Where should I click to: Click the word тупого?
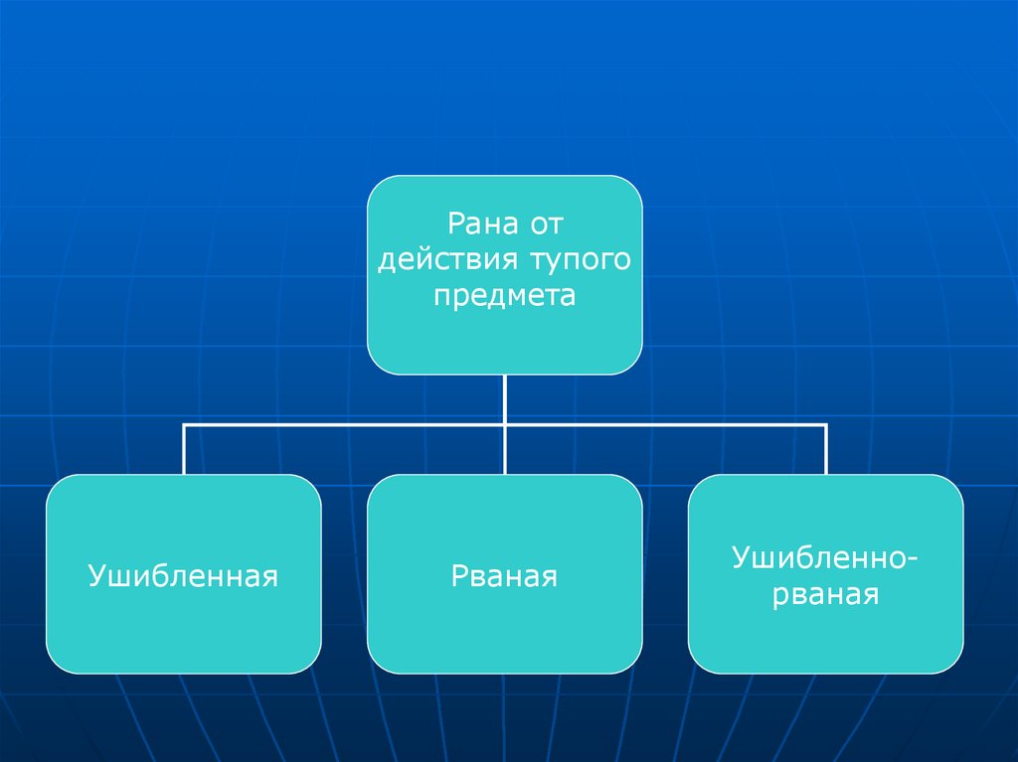(581, 259)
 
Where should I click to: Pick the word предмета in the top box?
(504, 296)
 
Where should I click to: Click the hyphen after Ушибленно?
(912, 559)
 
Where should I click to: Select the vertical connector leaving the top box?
(505, 397)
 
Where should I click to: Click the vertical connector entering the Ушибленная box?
(184, 452)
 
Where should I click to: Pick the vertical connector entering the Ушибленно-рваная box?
(826, 452)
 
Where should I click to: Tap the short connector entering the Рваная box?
(505, 452)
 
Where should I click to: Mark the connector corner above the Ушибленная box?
(184, 425)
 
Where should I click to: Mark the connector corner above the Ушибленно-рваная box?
(826, 425)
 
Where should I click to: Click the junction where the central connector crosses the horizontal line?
(505, 425)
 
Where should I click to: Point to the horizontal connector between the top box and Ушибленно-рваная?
(666, 425)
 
